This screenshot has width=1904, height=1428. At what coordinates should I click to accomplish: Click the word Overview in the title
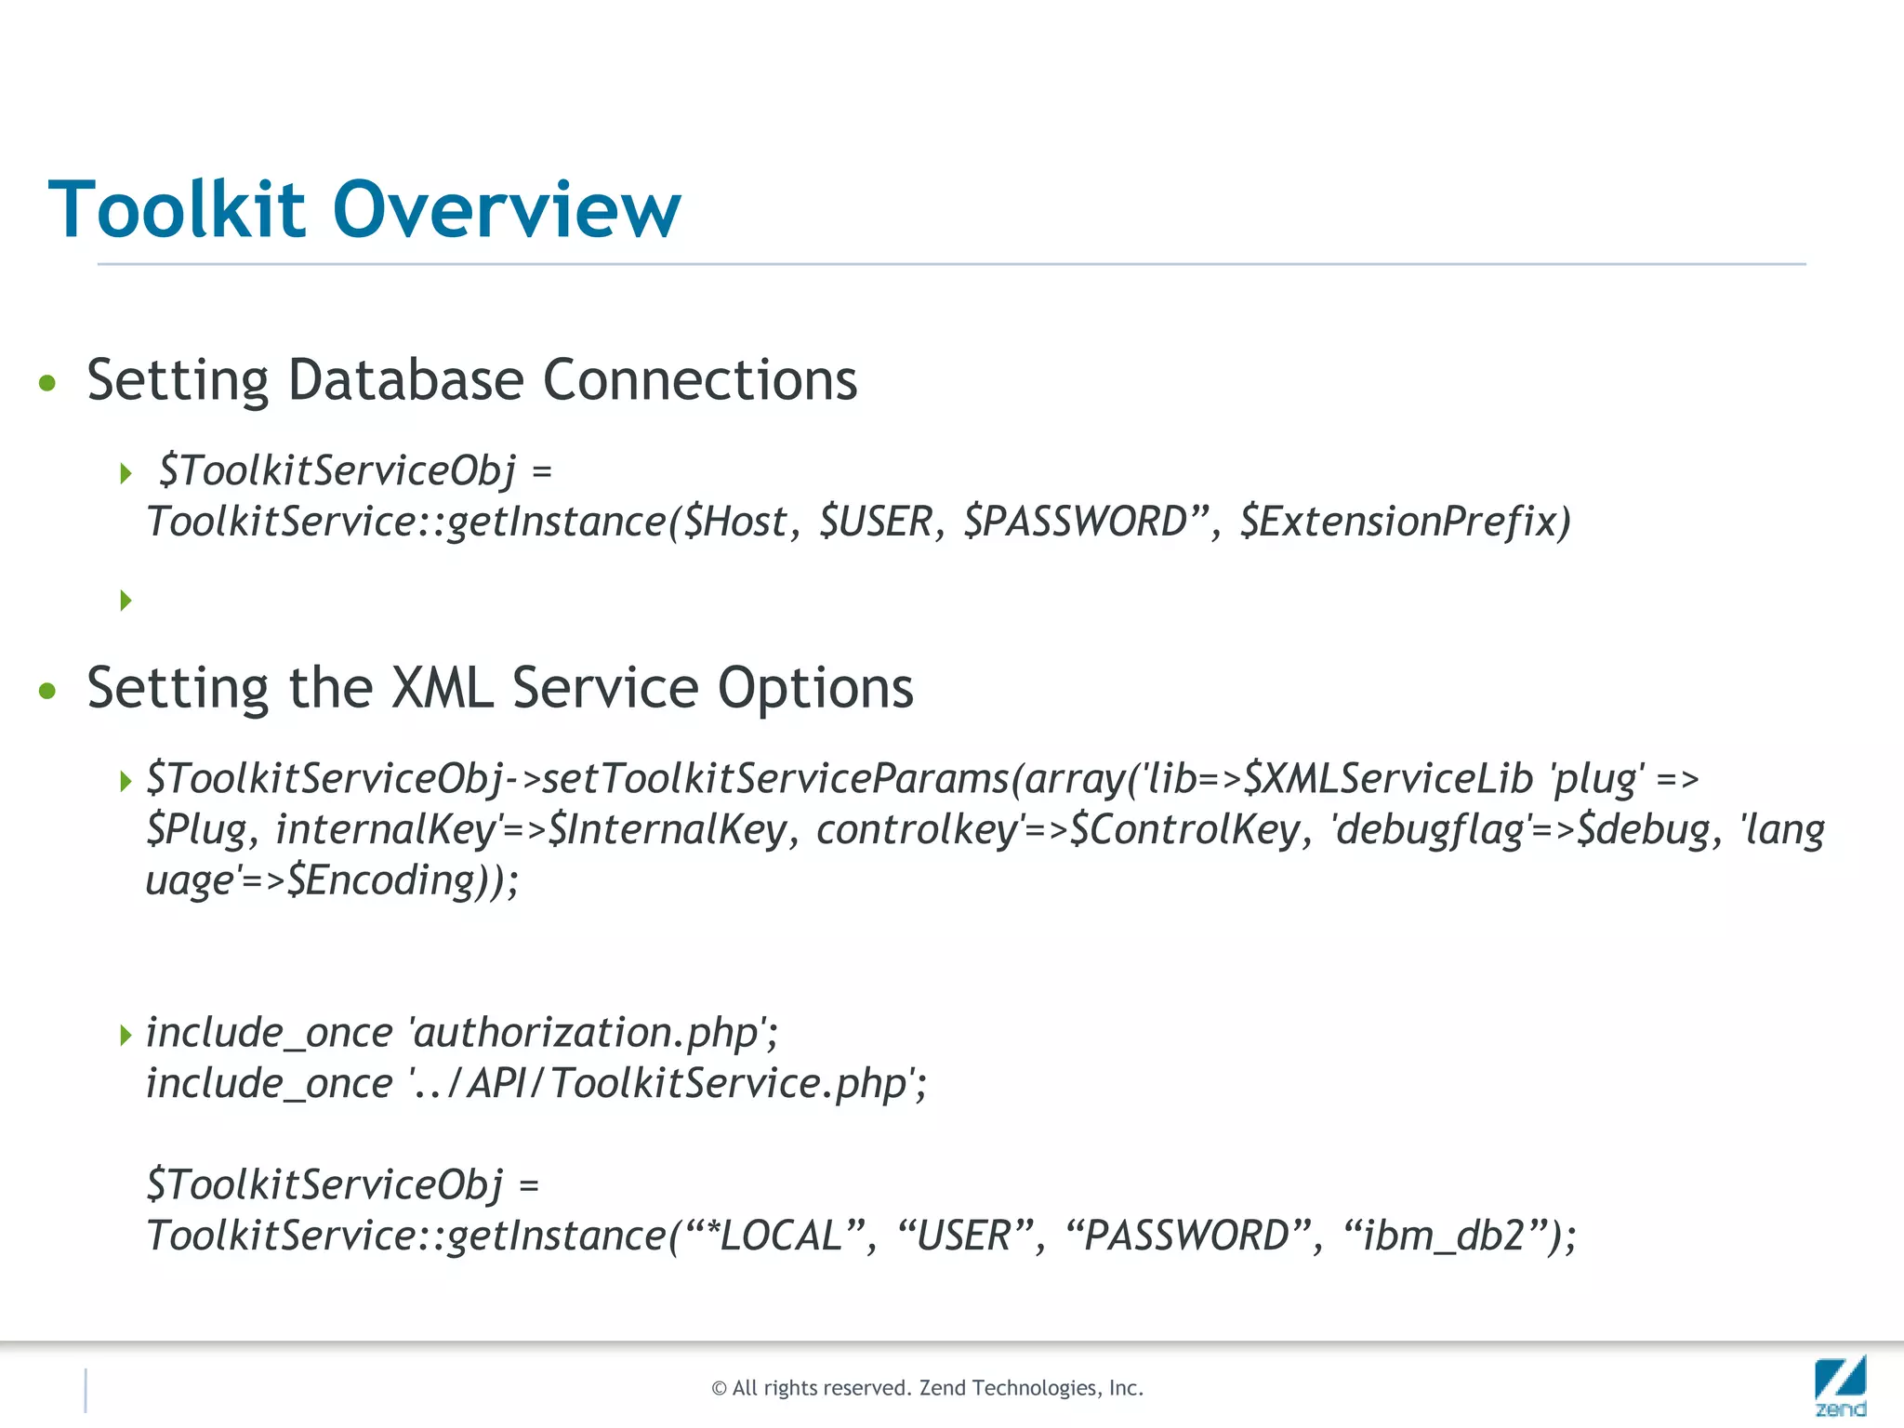click(x=507, y=210)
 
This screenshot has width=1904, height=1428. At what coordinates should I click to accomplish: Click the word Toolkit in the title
click(x=177, y=210)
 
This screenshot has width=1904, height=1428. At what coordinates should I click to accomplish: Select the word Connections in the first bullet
click(x=699, y=380)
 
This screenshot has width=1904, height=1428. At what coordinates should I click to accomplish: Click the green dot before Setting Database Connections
click(x=47, y=383)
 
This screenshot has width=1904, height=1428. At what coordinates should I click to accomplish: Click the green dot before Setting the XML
click(x=47, y=691)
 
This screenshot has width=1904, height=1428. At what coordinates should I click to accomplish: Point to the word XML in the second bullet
click(x=442, y=689)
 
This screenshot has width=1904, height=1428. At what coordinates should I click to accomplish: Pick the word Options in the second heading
click(x=815, y=689)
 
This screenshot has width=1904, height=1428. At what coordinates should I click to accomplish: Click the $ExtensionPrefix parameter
click(x=1405, y=522)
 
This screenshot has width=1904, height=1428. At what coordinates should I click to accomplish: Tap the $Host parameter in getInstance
click(x=734, y=522)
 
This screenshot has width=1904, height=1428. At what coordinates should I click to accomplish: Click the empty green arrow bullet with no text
click(x=126, y=601)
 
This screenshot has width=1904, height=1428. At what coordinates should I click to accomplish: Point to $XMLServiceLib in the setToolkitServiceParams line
click(x=1388, y=779)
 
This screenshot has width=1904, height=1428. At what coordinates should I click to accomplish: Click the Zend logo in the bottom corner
click(x=1840, y=1385)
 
